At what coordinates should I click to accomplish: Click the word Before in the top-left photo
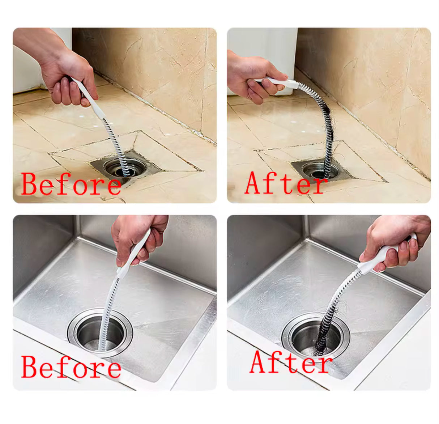[x=71, y=184]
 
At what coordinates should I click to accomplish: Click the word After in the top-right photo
[x=286, y=183]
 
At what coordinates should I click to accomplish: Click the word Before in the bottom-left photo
[x=71, y=367]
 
